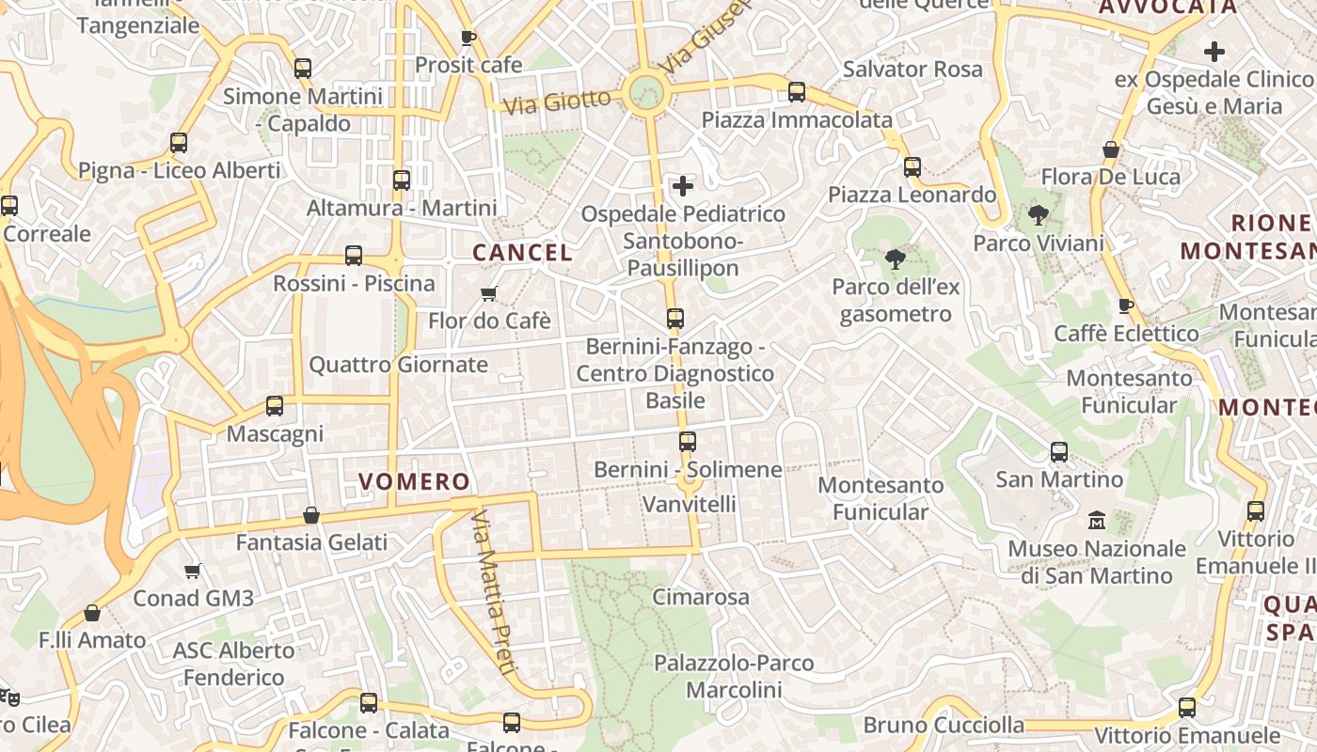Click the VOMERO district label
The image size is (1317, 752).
(x=414, y=482)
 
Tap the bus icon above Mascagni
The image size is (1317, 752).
(x=275, y=406)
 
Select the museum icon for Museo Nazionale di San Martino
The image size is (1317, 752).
(x=1097, y=520)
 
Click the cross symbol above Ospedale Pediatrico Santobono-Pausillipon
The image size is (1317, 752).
(x=683, y=186)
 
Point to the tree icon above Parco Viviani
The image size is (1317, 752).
(x=1039, y=216)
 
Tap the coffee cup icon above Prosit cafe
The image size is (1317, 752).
(x=468, y=38)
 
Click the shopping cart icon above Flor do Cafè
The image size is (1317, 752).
(x=488, y=294)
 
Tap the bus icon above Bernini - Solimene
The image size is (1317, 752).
(x=688, y=442)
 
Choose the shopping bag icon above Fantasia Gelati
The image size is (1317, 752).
(x=311, y=515)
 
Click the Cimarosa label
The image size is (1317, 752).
(x=701, y=597)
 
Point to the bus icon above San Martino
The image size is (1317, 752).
(x=1059, y=452)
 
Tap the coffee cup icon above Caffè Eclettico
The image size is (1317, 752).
(x=1125, y=305)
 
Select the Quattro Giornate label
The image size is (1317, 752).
(x=399, y=365)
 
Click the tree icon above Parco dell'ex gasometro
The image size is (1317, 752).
(x=895, y=258)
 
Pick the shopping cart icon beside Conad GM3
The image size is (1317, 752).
(x=193, y=571)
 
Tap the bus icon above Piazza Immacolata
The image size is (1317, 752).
(x=797, y=92)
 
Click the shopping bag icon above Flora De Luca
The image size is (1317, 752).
(x=1111, y=149)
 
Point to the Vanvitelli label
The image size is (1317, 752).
(x=689, y=504)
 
